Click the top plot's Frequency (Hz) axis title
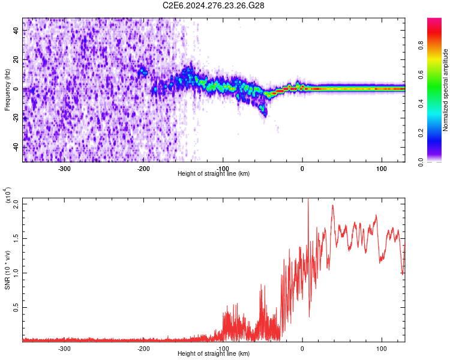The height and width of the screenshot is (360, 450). point(7,90)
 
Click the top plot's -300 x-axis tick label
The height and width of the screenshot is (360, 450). point(65,168)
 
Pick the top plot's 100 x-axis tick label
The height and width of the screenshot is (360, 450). point(381,168)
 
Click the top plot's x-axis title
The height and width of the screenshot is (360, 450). point(214,173)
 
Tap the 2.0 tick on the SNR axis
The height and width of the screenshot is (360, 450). point(16,204)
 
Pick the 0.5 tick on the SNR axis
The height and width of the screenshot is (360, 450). point(16,307)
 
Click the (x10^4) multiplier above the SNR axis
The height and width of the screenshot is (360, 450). point(8,196)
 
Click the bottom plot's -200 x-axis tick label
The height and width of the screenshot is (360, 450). point(143,348)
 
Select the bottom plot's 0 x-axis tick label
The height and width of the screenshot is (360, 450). point(302,348)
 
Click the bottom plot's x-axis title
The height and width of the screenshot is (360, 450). point(214,354)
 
